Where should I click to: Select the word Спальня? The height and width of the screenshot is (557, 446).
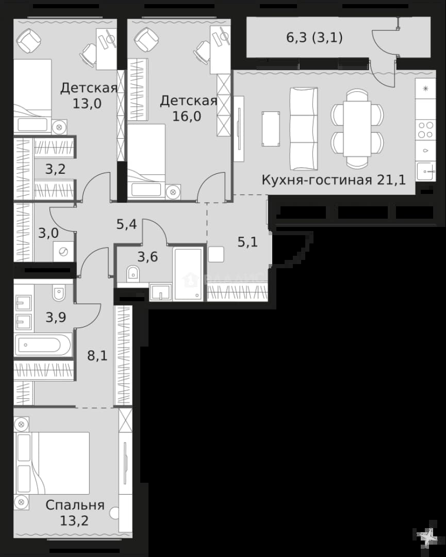click(75, 505)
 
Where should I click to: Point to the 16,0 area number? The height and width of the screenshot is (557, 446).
click(187, 116)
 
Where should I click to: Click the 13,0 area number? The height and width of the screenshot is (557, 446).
click(87, 103)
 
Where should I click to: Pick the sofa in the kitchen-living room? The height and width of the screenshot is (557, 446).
click(304, 128)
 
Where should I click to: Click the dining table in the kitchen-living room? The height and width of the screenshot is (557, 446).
click(357, 128)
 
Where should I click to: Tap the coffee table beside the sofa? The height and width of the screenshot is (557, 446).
click(271, 128)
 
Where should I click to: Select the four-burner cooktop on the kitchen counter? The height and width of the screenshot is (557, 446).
click(425, 129)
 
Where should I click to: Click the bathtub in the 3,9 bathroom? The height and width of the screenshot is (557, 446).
click(43, 345)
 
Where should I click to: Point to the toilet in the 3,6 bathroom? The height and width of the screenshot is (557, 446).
click(133, 273)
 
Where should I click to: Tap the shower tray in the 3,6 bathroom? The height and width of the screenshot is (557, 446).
click(188, 274)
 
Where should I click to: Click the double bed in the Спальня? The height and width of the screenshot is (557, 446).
click(52, 463)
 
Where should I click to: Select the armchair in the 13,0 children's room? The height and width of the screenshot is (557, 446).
click(29, 40)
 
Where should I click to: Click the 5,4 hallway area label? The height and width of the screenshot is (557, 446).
click(127, 224)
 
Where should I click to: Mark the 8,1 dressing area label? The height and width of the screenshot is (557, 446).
click(97, 355)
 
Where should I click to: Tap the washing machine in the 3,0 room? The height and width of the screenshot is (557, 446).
click(63, 252)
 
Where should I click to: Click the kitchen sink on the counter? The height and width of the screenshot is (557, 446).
click(425, 171)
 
